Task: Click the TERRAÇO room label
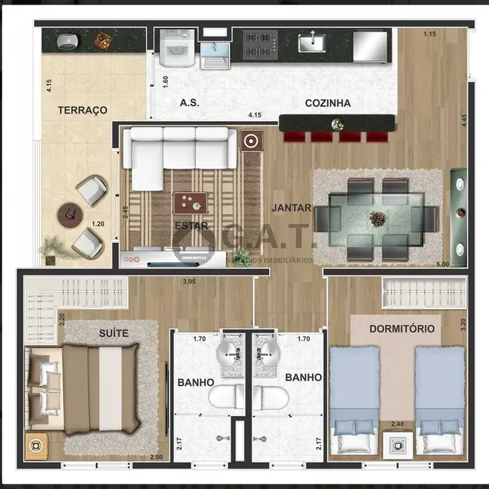pyautogui.click(x=82, y=110)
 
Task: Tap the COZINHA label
pyautogui.click(x=328, y=103)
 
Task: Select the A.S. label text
pyautogui.click(x=189, y=103)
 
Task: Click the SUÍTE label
pyautogui.click(x=113, y=333)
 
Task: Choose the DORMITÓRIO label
pyautogui.click(x=402, y=329)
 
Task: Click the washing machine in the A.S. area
pyautogui.click(x=177, y=50)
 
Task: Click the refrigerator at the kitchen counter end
pyautogui.click(x=371, y=46)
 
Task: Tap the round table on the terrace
pyautogui.click(x=69, y=213)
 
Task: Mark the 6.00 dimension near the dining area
pyautogui.click(x=442, y=265)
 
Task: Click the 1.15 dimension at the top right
pyautogui.click(x=429, y=34)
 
